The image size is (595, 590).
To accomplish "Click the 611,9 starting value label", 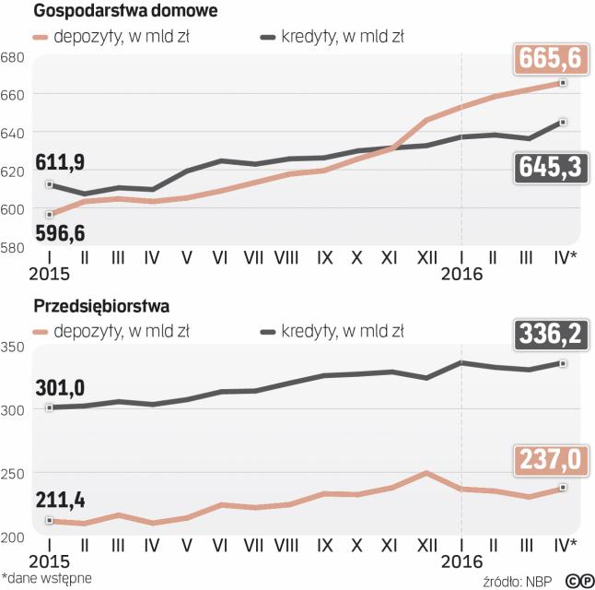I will pos(60,163).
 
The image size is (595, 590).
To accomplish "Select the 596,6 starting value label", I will pos(60,232).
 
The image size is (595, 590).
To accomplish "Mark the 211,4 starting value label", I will pos(59,501).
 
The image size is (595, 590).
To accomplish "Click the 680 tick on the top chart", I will pos(13,57).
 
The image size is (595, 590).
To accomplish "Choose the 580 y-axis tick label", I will pos(13,247).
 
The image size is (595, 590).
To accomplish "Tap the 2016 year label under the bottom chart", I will pos(461,560).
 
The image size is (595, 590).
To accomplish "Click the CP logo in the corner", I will pos(578,580).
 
